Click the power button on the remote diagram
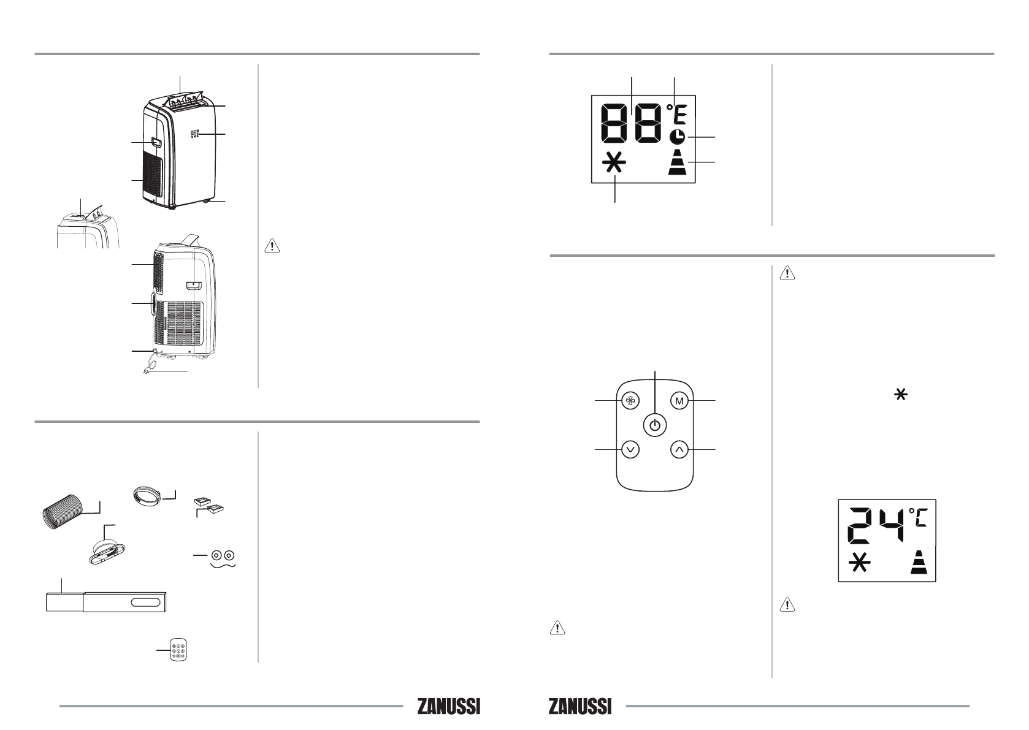tap(654, 425)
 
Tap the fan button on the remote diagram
tap(630, 401)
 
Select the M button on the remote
tap(679, 401)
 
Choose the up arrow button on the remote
tap(679, 450)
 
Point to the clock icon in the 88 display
tap(676, 137)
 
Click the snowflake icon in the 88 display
tap(614, 162)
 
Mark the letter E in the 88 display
tap(680, 115)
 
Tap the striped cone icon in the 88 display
tap(677, 162)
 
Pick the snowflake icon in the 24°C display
tap(859, 563)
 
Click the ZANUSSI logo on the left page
tap(449, 707)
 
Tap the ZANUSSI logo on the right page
tap(580, 707)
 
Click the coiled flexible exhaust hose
tap(63, 512)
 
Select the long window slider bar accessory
tap(106, 602)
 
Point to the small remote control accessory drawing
tap(178, 650)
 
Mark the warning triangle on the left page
tap(272, 246)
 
